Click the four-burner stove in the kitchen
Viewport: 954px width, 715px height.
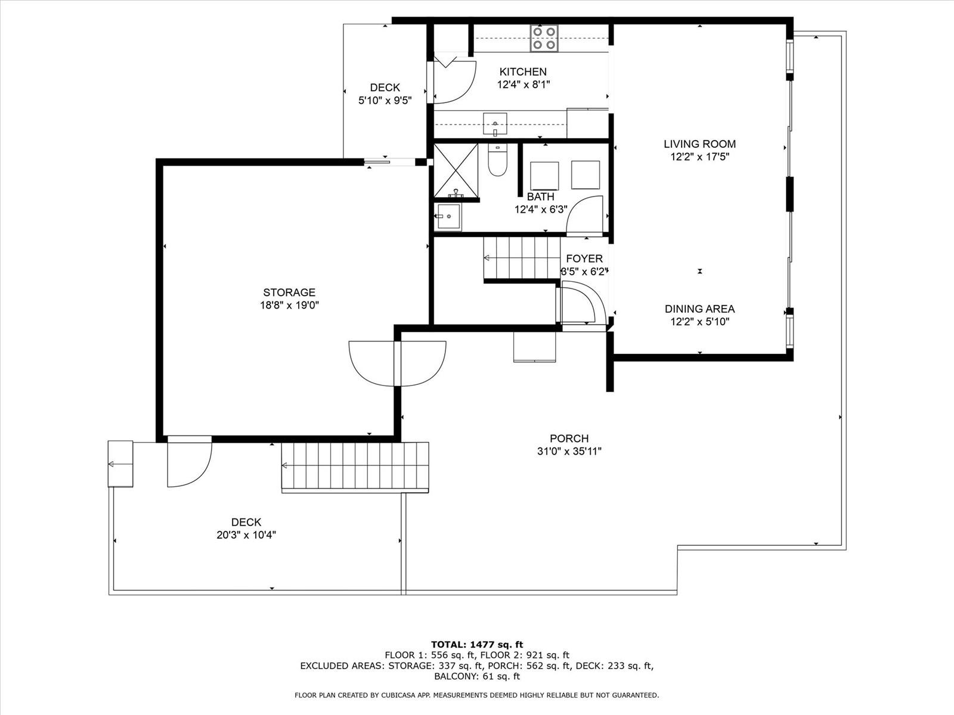[x=544, y=38]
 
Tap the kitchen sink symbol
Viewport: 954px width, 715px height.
[x=495, y=124]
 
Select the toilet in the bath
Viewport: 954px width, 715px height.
[x=498, y=159]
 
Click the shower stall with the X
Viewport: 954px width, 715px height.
[x=456, y=170]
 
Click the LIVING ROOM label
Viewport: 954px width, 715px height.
[x=700, y=144]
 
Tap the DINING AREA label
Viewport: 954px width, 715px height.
[x=700, y=309]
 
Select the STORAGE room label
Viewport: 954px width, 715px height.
[x=289, y=292]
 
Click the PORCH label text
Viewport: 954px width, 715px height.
[x=569, y=438]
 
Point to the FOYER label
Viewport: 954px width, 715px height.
[x=584, y=259]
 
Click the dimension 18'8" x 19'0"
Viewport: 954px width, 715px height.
[x=289, y=305]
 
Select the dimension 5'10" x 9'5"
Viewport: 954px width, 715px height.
[x=385, y=100]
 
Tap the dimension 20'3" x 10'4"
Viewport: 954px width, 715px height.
[x=246, y=535]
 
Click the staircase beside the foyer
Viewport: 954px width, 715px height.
[x=522, y=258]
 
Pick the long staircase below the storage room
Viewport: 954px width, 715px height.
[x=355, y=467]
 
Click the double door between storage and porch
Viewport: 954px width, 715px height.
[x=397, y=363]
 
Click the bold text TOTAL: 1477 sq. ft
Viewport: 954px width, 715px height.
[x=477, y=645]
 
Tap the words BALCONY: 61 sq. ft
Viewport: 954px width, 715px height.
[x=477, y=676]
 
